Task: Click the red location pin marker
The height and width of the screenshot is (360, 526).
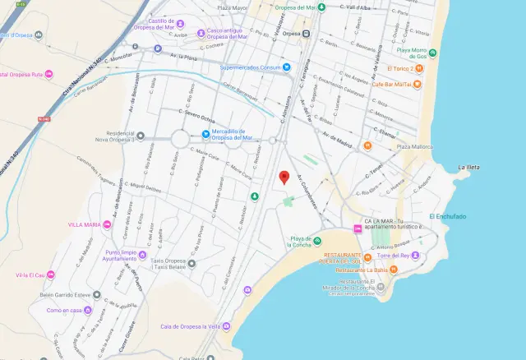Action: [x=284, y=177]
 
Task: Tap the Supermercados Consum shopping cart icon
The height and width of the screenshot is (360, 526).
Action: [x=287, y=67]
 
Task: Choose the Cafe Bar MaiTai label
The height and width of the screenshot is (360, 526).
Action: [x=391, y=84]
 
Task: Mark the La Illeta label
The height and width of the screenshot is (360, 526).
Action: [x=468, y=167]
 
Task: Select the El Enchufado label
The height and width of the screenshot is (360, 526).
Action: [x=447, y=216]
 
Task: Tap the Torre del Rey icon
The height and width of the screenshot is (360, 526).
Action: [x=415, y=256]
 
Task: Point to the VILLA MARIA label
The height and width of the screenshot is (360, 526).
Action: [x=85, y=224]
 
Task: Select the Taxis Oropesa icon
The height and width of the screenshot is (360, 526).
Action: [x=191, y=264]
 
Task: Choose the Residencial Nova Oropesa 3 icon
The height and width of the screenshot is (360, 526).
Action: [x=140, y=136]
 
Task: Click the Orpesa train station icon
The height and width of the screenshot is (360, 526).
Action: [x=306, y=35]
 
